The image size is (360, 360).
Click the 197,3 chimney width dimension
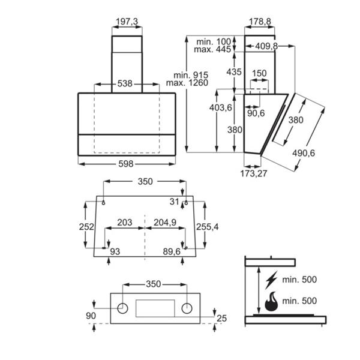(x=127, y=22)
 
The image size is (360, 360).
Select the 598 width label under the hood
(x=126, y=163)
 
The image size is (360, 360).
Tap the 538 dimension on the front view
(x=125, y=84)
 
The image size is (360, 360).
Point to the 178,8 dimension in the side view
(x=259, y=22)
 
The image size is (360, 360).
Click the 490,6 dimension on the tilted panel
(x=304, y=153)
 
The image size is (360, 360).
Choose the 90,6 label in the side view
(x=257, y=112)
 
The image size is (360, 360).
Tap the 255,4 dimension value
(x=208, y=226)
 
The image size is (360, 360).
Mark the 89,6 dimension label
(x=171, y=252)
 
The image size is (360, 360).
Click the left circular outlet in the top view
(x=122, y=308)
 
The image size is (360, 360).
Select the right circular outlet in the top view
(x=187, y=308)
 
